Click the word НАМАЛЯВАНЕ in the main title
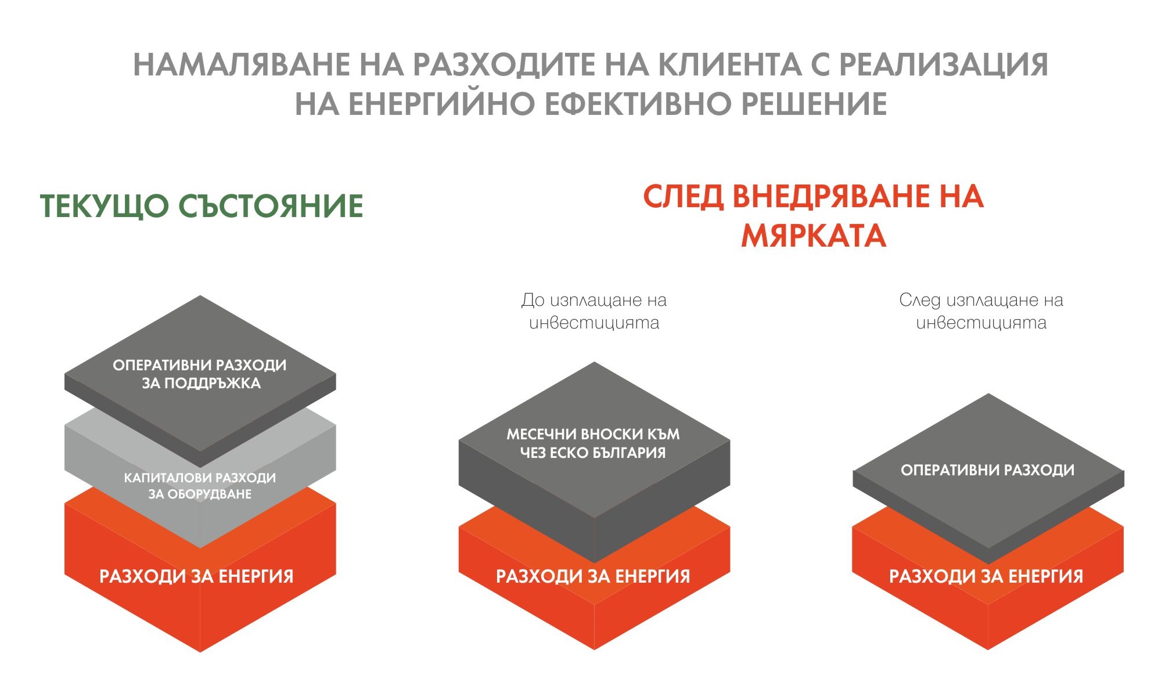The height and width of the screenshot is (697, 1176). (x=242, y=64)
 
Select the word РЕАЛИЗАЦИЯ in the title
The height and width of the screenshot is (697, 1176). (x=944, y=64)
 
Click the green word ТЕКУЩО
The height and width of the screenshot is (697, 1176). (x=105, y=207)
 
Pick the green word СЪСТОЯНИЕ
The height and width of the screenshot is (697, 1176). (x=271, y=206)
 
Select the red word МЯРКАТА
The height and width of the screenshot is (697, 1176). (x=814, y=236)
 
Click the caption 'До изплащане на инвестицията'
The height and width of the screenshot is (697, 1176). (x=594, y=311)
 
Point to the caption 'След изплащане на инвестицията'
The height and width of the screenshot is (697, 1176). (x=981, y=311)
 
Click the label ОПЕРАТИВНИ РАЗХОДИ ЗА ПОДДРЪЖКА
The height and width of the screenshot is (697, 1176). (x=200, y=374)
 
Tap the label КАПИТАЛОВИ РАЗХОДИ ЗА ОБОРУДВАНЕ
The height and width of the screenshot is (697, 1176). (x=200, y=486)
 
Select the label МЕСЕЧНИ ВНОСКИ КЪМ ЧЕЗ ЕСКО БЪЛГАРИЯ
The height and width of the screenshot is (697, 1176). (x=593, y=443)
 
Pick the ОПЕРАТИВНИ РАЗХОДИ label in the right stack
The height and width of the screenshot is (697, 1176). (x=987, y=470)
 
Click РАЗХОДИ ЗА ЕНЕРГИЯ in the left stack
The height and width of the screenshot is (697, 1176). (x=196, y=576)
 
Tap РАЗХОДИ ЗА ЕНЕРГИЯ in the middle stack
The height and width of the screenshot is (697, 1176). (x=593, y=576)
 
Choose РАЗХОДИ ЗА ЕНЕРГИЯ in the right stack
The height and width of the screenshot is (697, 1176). (x=986, y=576)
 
